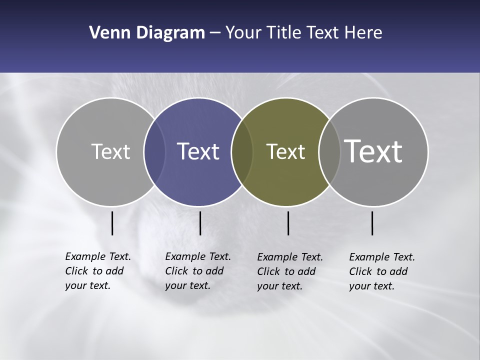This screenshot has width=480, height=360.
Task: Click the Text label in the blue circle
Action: pos(198,151)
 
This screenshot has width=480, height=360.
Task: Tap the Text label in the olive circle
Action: pos(285,152)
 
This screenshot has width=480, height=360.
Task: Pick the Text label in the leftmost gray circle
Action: pos(110,151)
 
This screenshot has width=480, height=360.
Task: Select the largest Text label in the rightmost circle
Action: pos(373,151)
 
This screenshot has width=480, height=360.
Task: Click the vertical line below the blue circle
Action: pos(200,223)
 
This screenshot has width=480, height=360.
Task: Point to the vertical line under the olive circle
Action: pos(288,223)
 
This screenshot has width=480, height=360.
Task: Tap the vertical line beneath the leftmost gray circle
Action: pos(112,223)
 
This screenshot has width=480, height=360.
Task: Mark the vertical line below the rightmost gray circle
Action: pos(372,223)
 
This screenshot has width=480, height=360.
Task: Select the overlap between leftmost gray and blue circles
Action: pos(154,152)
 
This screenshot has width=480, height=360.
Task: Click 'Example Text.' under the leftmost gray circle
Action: pos(98,256)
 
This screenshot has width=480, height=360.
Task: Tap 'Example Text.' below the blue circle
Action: pos(198,256)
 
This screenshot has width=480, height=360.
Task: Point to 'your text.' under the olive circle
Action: pos(279,286)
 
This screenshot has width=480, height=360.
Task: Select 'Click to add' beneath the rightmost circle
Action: pos(378,271)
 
